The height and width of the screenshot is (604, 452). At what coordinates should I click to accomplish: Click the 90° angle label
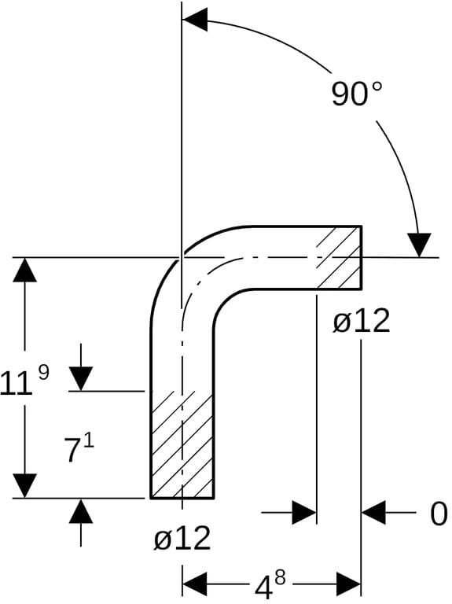357,94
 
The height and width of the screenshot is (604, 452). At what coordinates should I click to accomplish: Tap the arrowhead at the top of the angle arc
195,19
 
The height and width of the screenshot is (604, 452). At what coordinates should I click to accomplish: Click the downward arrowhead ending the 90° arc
419,245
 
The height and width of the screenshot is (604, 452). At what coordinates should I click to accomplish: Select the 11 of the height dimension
16,383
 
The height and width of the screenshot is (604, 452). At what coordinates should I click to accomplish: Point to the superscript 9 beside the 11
44,373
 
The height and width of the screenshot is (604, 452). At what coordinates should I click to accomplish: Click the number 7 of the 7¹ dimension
72,452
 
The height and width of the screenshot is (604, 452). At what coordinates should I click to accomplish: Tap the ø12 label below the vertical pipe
182,538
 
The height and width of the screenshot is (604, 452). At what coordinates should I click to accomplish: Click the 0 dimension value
438,514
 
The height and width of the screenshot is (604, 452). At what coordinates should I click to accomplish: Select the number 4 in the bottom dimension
263,588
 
